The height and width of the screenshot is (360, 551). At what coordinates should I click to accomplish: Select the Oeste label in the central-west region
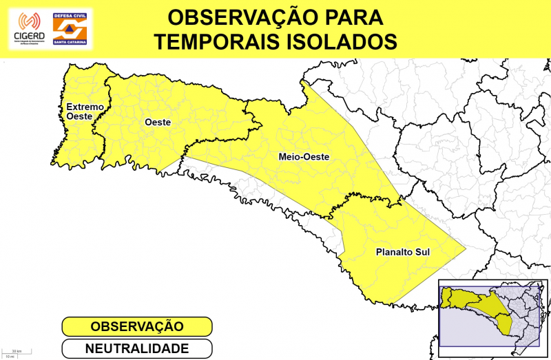coord(158,123)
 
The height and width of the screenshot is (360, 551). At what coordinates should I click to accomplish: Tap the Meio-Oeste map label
coord(304,157)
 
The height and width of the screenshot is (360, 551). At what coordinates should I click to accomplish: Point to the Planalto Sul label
coord(403,252)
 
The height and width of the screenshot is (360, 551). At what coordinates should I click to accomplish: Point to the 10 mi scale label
coord(10,357)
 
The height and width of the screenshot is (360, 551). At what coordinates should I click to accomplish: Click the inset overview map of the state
coord(493,313)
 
